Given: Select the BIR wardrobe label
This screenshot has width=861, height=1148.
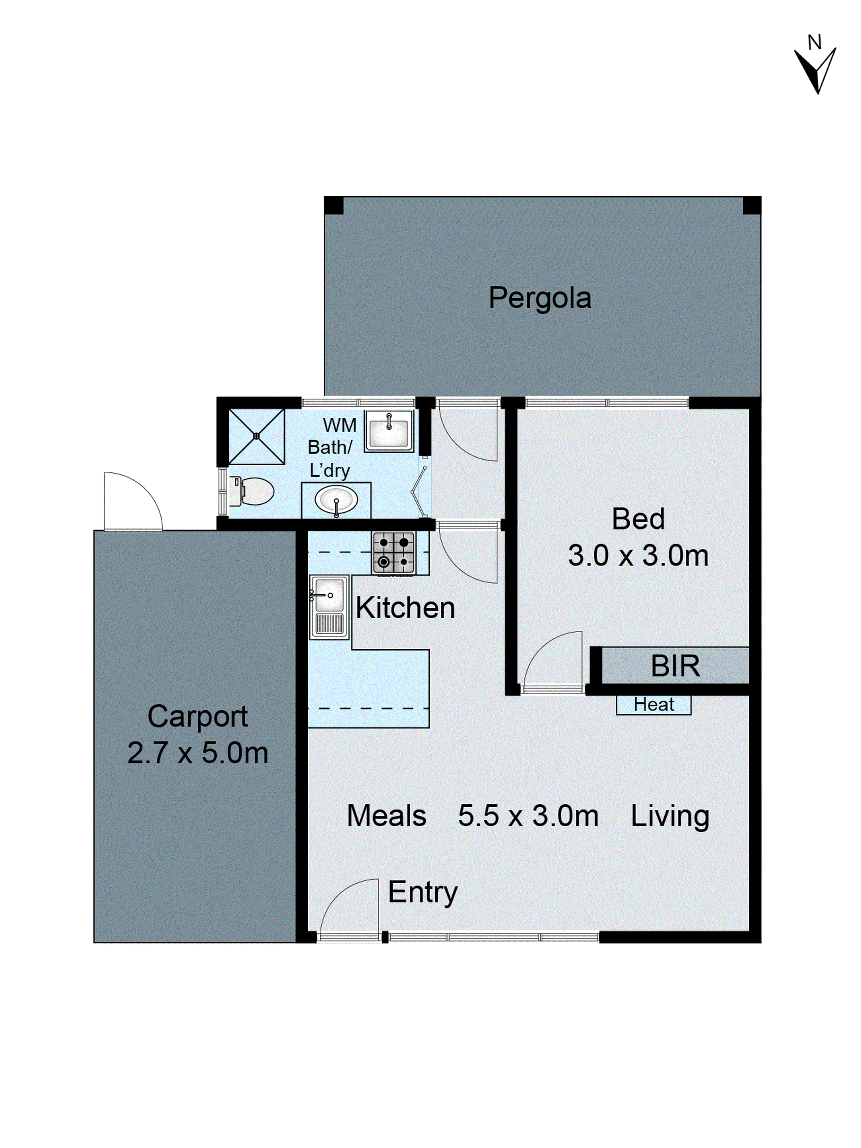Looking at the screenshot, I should [x=675, y=666].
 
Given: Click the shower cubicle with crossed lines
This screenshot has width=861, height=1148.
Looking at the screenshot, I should [x=256, y=436].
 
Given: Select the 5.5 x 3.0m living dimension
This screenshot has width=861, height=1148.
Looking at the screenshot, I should [x=528, y=815].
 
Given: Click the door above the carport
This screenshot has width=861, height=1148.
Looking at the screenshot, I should [x=132, y=501].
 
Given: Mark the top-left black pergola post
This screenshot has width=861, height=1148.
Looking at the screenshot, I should [x=334, y=206].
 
